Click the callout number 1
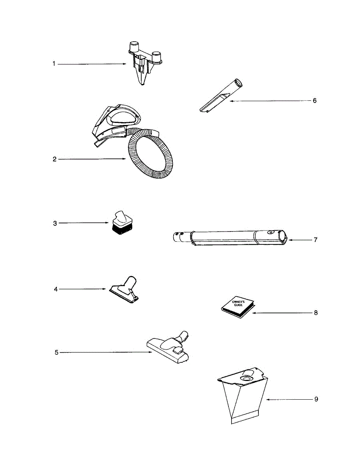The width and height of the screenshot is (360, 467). click(54, 64)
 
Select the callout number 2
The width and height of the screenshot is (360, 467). click(55, 159)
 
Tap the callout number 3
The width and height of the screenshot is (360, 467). click(55, 223)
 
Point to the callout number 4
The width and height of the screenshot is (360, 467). click(56, 289)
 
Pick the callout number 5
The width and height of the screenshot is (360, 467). click(56, 352)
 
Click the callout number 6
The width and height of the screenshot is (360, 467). click(314, 100)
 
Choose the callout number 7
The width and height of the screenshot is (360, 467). click(315, 240)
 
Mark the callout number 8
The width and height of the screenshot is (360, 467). click(316, 313)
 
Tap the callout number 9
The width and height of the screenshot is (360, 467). click(316, 399)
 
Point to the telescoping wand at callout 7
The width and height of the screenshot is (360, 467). click(230, 237)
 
